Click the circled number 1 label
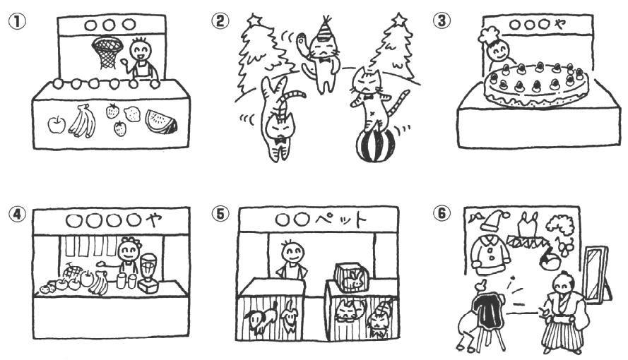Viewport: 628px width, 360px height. [17, 22]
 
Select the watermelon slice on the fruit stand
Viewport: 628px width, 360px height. [161, 122]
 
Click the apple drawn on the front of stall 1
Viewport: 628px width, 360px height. [57, 124]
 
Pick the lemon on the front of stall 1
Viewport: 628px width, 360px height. [132, 114]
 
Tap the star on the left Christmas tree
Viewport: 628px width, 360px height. [254, 19]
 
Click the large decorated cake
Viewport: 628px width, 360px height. [537, 85]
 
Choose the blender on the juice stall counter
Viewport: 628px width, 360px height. [148, 272]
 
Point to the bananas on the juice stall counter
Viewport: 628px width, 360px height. [98, 283]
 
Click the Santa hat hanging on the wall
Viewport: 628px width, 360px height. [494, 220]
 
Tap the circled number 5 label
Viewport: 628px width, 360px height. [220, 214]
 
